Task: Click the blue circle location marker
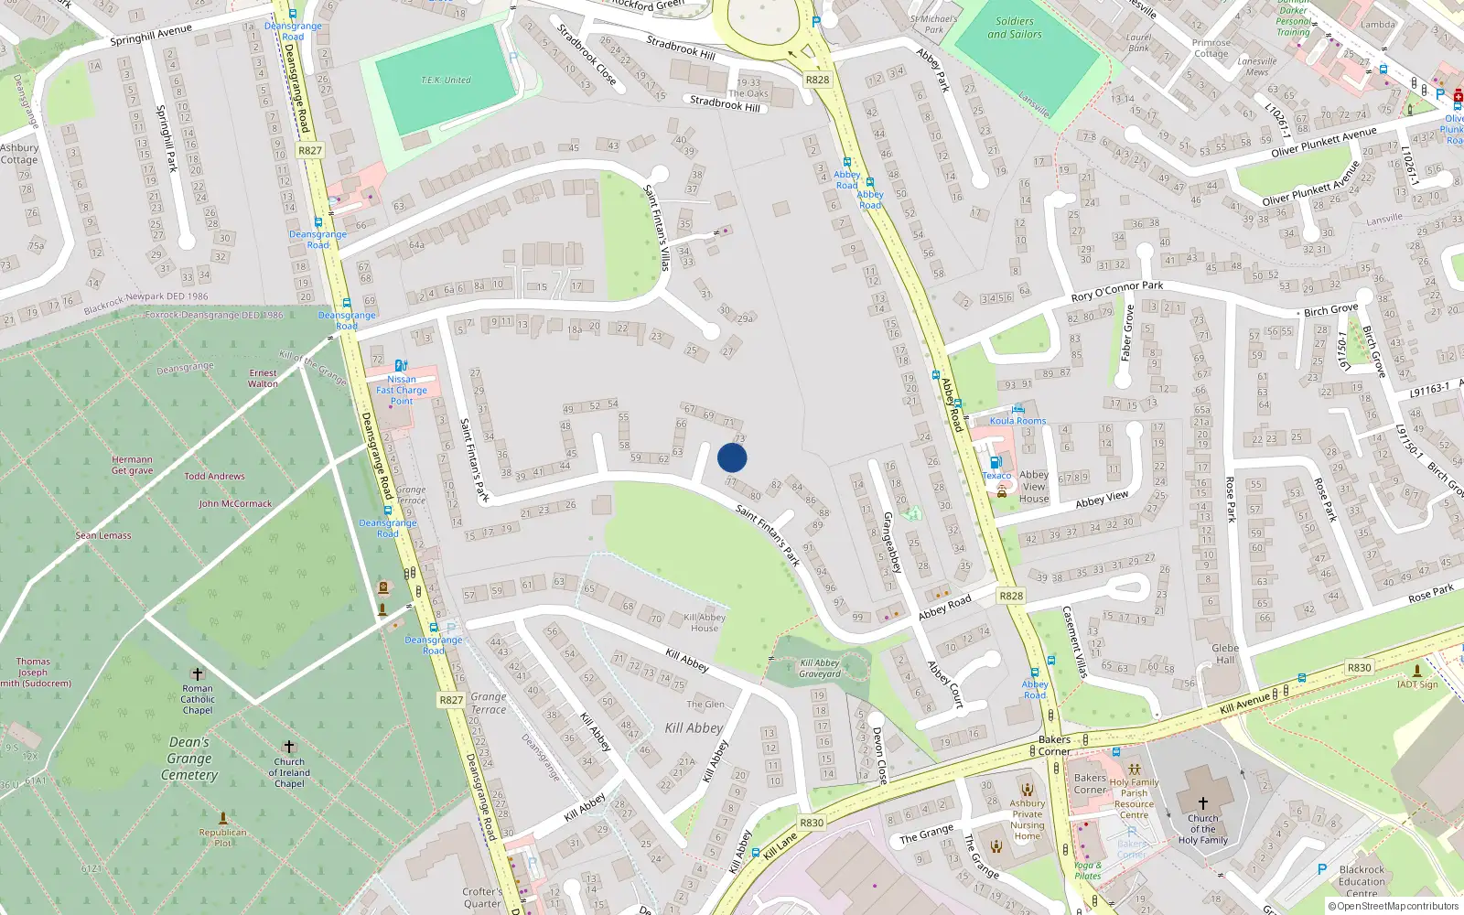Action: coord(732,457)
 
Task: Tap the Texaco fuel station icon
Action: coord(995,463)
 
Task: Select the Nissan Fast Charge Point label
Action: coord(401,390)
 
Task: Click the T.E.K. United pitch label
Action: coord(446,81)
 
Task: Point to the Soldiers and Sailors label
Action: coord(1014,27)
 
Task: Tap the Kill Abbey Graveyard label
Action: coord(819,669)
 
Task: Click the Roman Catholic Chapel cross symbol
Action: coord(197,674)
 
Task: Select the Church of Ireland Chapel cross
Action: coord(289,747)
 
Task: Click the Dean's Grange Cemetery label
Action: coord(189,759)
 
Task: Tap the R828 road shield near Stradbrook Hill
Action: coord(817,80)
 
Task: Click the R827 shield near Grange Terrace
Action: coord(451,700)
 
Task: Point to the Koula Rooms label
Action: coord(1017,421)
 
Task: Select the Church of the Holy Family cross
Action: coord(1202,802)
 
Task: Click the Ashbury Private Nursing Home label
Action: coord(1027,819)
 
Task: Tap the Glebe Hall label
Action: coord(1225,653)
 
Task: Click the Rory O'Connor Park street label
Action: coord(1116,292)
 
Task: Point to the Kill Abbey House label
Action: coord(705,622)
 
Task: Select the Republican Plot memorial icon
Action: coord(223,817)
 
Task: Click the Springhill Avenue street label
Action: coord(151,35)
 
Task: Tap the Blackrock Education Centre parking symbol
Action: coord(1321,869)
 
